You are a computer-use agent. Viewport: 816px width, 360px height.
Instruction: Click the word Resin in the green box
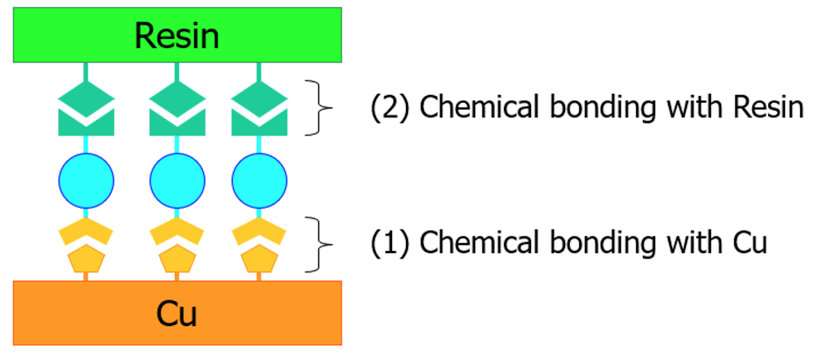[177, 35]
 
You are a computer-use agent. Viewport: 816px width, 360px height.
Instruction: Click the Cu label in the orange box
[177, 313]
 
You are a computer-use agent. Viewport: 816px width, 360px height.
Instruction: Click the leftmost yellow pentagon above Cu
[85, 260]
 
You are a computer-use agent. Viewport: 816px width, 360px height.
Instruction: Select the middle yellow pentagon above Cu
[177, 260]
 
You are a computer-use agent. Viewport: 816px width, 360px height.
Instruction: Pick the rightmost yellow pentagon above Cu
[259, 260]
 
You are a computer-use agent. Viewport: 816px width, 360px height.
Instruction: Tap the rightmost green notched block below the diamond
[259, 124]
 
